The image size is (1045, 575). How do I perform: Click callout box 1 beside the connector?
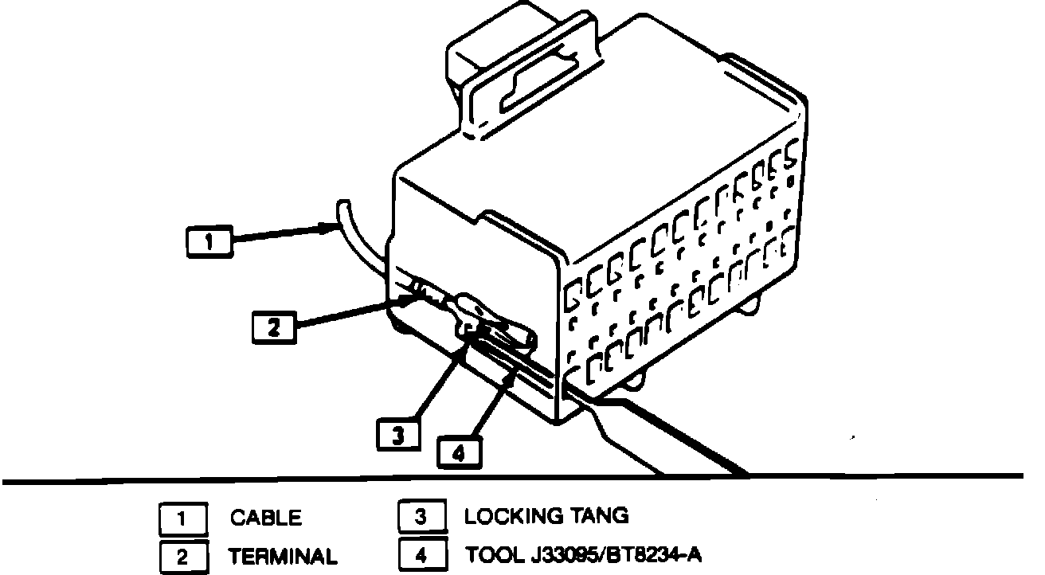(x=209, y=241)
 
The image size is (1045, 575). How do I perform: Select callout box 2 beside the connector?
(x=274, y=328)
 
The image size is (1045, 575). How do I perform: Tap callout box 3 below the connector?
(x=398, y=435)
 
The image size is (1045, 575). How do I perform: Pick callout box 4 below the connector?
(x=458, y=452)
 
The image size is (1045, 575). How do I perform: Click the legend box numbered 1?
(x=182, y=518)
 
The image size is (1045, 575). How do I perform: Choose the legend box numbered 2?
(x=182, y=556)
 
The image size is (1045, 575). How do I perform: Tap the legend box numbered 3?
(x=420, y=517)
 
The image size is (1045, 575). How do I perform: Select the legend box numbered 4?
(x=420, y=554)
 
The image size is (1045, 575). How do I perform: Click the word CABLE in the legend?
(x=266, y=518)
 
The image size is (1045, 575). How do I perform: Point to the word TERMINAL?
(x=283, y=556)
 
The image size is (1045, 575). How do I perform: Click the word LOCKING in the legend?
(x=514, y=516)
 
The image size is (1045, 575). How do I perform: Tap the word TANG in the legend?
(x=599, y=516)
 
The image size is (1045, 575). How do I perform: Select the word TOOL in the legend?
(x=494, y=554)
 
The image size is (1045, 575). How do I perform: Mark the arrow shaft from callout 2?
(x=350, y=313)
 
